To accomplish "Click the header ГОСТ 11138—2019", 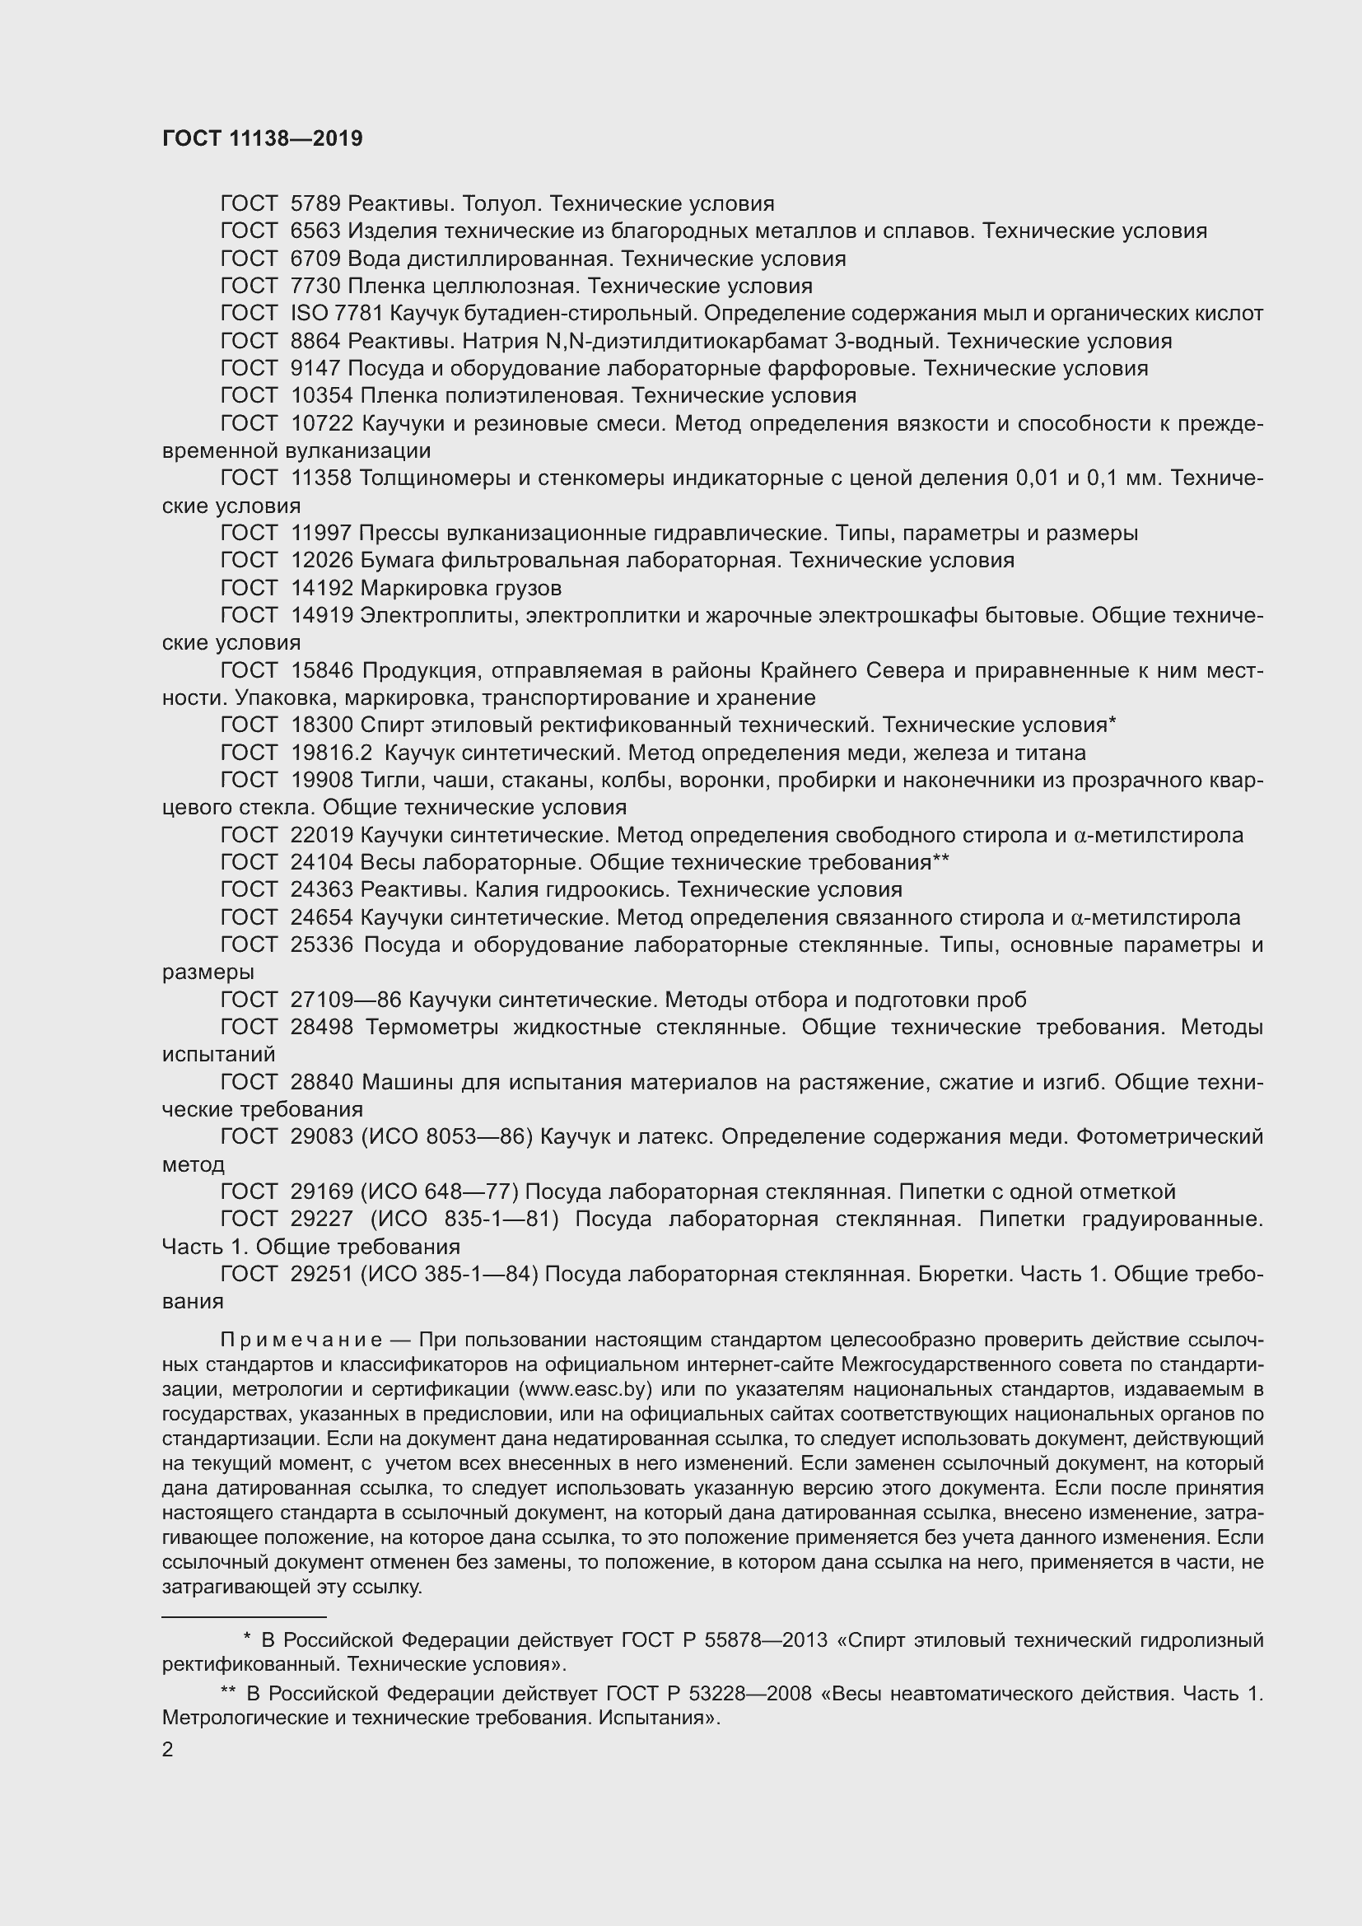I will (262, 139).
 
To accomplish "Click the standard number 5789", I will (315, 204).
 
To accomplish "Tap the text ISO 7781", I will (335, 314).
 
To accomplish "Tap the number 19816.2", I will (330, 753).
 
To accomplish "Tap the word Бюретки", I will (956, 1274).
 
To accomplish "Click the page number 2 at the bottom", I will (168, 1750).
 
